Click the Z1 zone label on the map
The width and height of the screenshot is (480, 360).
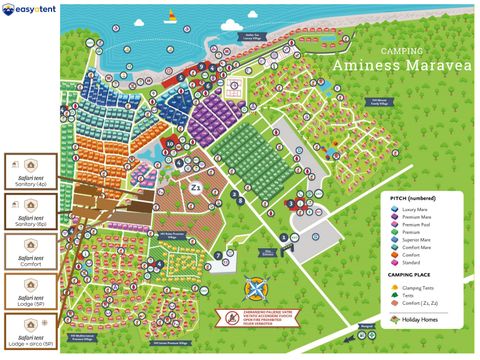(196, 187)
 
